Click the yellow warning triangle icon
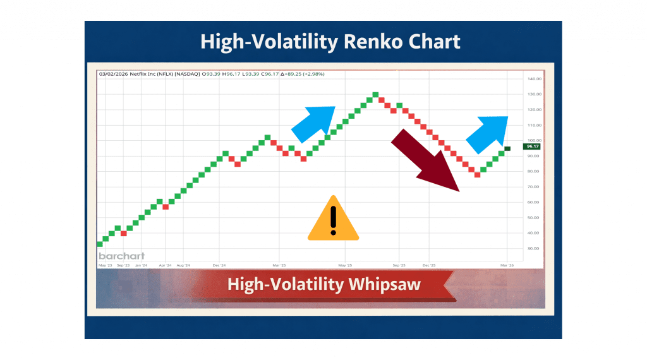[x=333, y=220]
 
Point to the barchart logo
[x=121, y=256]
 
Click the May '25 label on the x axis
[x=345, y=267]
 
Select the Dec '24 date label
[x=219, y=267]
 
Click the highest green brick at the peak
[x=375, y=95]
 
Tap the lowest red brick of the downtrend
[x=477, y=174]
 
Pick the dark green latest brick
[x=507, y=148]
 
